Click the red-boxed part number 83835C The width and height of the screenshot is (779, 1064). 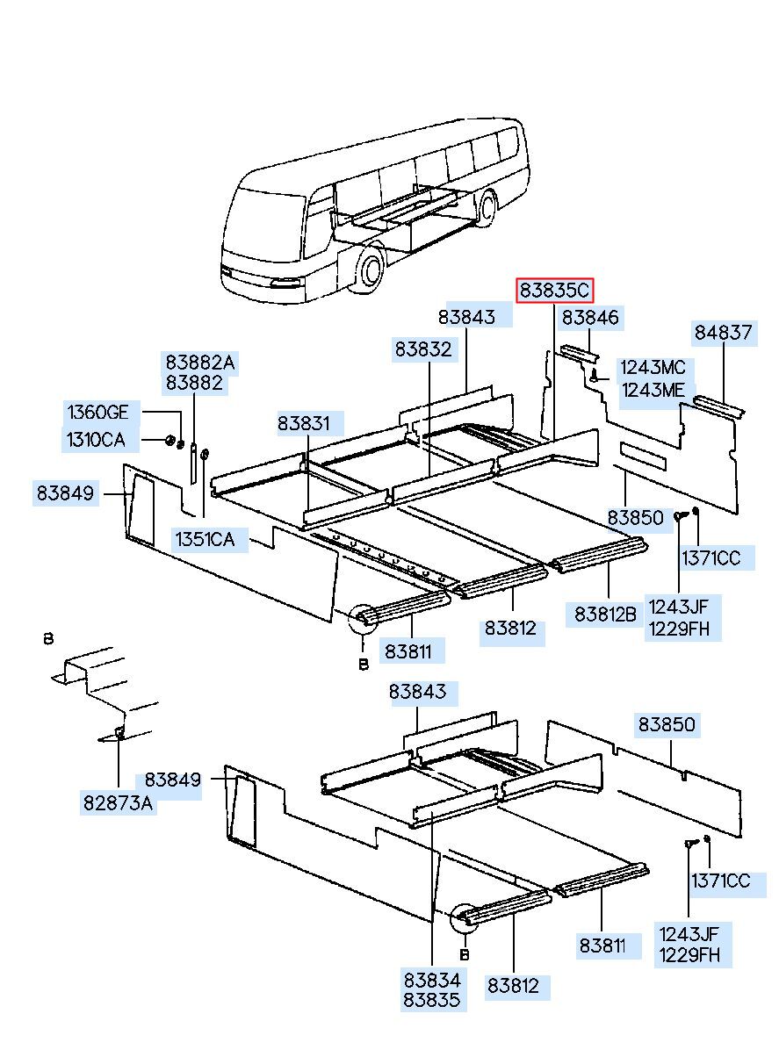(x=555, y=290)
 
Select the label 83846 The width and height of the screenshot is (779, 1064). (x=591, y=318)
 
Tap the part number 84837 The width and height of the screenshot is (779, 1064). (x=723, y=333)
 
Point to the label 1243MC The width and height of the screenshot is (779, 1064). (x=653, y=368)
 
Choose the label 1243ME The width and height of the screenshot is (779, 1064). (x=653, y=391)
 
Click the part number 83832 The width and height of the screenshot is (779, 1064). (x=422, y=349)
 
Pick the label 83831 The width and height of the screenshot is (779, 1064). (x=305, y=424)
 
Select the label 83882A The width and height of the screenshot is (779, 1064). (x=200, y=362)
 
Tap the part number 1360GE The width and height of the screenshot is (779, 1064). (x=98, y=413)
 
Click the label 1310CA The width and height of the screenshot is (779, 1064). (x=96, y=439)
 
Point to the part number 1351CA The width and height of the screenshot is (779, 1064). (x=205, y=539)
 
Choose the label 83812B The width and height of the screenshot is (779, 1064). (x=606, y=614)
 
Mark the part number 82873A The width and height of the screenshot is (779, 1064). (x=119, y=802)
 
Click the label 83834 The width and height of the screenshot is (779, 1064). (x=432, y=979)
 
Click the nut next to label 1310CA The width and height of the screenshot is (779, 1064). (x=170, y=439)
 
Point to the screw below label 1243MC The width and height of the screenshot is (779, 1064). (x=595, y=376)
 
